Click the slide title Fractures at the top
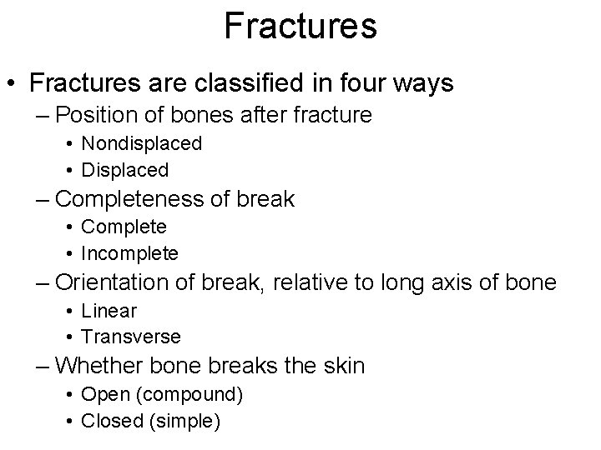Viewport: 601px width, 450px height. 300,26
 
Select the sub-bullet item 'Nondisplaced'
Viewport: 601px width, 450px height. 142,143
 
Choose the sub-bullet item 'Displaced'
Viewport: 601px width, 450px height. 125,170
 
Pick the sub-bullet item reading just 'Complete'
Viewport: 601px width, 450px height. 124,227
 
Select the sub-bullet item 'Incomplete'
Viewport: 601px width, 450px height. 130,253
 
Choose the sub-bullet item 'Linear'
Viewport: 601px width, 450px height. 109,311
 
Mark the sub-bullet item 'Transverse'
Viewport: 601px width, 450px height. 131,337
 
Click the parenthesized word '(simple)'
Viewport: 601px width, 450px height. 184,421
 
